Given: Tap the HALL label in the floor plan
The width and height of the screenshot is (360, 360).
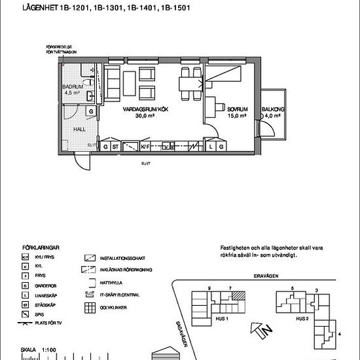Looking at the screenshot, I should [79, 129].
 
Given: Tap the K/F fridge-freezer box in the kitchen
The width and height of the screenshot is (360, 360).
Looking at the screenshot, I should [145, 147].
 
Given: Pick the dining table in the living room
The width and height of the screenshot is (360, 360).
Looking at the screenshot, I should [188, 83].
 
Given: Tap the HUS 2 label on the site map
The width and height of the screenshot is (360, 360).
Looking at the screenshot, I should [302, 319].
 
